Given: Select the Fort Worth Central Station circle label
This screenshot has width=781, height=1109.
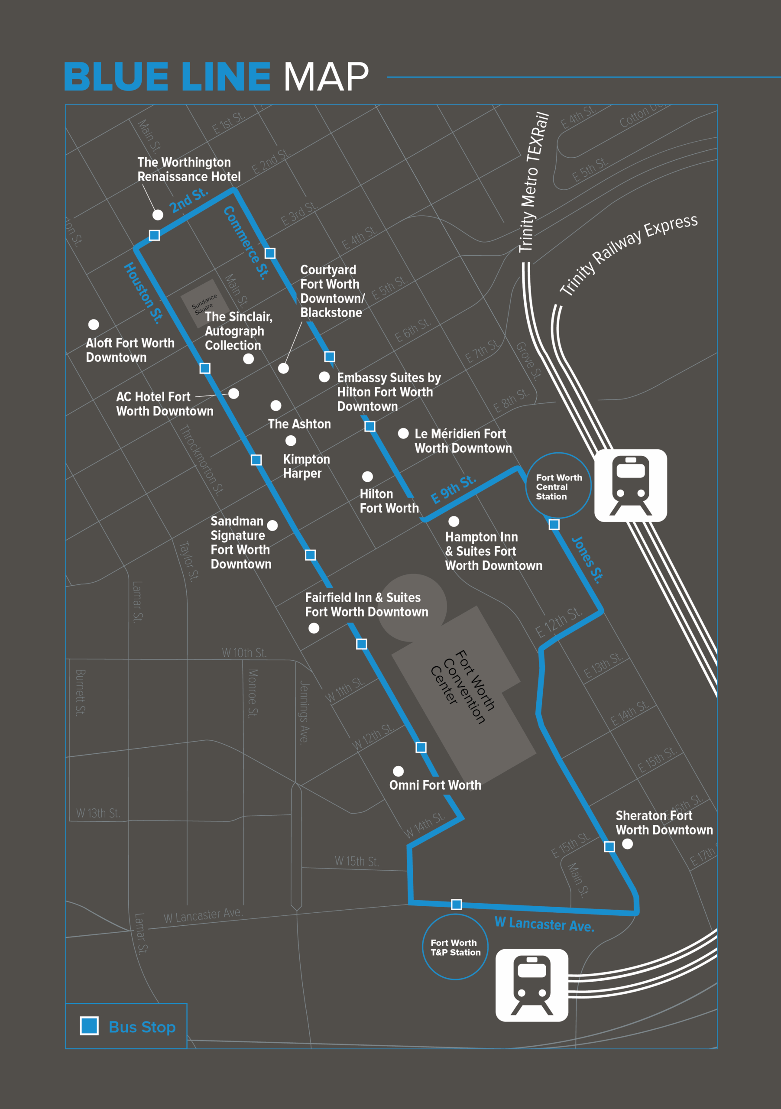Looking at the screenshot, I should [x=558, y=486].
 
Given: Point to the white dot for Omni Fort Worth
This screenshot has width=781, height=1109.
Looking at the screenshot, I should [x=399, y=771].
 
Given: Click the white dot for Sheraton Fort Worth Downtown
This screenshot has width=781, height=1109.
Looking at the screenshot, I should [x=627, y=844].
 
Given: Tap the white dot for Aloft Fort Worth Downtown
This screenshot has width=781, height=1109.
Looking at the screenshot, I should [x=94, y=324].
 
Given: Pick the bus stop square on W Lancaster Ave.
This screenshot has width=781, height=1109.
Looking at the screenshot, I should [x=457, y=904].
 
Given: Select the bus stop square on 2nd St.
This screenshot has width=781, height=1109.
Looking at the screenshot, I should [x=155, y=235].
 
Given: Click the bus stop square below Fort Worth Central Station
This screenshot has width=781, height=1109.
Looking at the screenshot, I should [x=554, y=525].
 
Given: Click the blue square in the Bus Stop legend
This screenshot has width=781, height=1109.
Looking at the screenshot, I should [x=89, y=1026].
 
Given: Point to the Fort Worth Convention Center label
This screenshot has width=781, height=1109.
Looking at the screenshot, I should [x=463, y=686].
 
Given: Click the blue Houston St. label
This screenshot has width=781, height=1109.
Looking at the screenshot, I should [x=143, y=293].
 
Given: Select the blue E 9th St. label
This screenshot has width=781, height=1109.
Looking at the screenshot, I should [x=453, y=489].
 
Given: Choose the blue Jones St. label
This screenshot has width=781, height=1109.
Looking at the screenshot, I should [x=587, y=560].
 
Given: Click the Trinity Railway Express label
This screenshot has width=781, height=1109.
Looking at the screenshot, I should [x=629, y=255].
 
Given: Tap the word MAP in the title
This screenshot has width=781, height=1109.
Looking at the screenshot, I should [x=326, y=77].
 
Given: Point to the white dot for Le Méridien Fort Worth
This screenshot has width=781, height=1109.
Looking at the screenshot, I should [x=403, y=433].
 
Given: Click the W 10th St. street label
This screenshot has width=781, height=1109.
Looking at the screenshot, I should [x=244, y=653].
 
